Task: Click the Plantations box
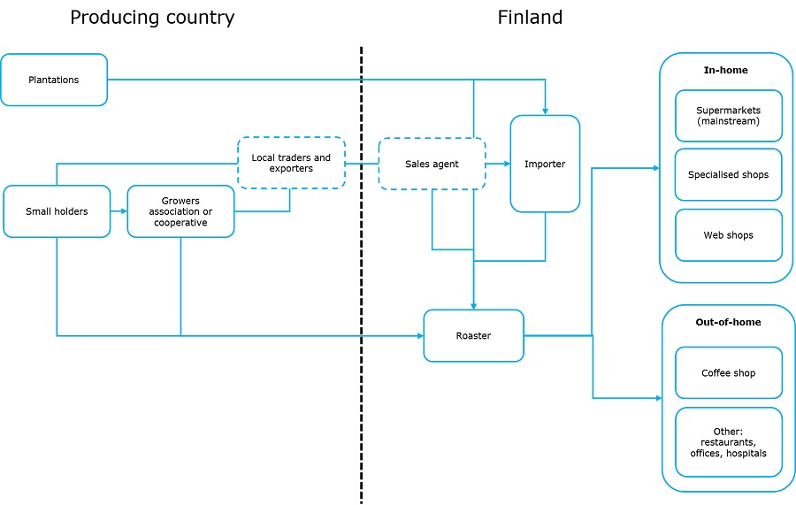point(54,80)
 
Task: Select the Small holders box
point(57,211)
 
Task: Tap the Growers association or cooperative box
point(180,211)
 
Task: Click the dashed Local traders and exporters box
point(291,163)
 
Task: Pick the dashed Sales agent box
point(432,164)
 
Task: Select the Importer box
point(545,164)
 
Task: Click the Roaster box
point(474,335)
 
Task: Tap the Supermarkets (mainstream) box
point(729,116)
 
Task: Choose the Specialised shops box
point(729,174)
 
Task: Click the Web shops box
point(729,235)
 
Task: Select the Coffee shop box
point(729,373)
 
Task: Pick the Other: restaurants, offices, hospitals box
point(729,442)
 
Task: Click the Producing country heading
point(152,18)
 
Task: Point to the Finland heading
point(530,18)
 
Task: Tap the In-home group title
point(725,70)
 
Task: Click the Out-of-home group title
point(728,322)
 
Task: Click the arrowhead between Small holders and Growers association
point(123,211)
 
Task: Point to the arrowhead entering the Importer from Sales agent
point(507,164)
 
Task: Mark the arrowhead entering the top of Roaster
point(474,306)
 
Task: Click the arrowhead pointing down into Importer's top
point(545,111)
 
